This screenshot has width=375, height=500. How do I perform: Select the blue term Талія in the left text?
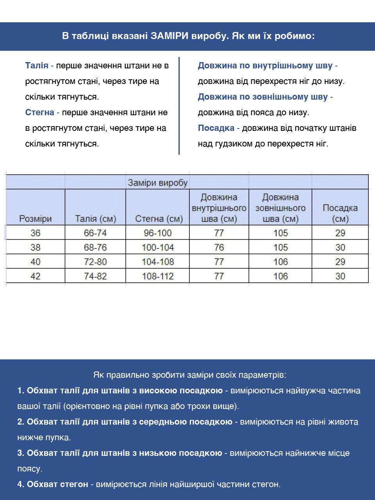[x=37, y=66]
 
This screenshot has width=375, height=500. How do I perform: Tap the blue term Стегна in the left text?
[x=39, y=112]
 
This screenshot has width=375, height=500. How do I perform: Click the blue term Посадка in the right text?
[x=216, y=128]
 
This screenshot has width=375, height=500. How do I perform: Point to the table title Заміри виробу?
[x=157, y=183]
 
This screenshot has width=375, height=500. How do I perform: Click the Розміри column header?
[x=36, y=219]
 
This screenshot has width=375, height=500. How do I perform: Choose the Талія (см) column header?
[x=95, y=219]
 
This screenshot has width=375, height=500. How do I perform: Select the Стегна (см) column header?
[x=159, y=219]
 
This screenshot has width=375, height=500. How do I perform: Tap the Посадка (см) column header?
[x=340, y=213]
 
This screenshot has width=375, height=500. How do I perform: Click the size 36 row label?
[x=36, y=233]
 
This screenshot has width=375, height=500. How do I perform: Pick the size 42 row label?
[x=36, y=277]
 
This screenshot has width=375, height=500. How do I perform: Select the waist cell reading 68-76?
[x=95, y=248]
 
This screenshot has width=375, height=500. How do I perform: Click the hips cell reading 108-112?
[x=158, y=277]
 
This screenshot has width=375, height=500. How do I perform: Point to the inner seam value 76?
[x=219, y=248]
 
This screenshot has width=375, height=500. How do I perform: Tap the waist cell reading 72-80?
[x=95, y=262]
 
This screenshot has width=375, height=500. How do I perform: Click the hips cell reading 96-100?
[x=158, y=233]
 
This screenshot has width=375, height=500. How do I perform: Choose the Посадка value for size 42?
[x=340, y=277]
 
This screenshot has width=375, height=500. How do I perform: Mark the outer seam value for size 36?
[x=280, y=233]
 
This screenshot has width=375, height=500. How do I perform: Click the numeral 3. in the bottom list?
[x=21, y=453]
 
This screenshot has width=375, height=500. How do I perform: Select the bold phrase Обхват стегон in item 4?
[x=57, y=484]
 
